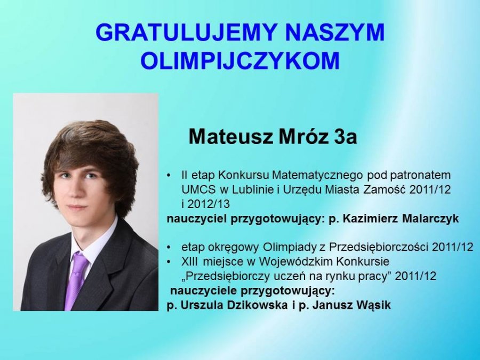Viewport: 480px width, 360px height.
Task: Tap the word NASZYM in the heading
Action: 332,33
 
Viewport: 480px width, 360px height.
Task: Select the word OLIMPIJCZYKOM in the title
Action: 241,60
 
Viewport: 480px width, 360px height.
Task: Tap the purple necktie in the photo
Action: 76,280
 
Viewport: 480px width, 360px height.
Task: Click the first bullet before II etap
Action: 169,176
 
